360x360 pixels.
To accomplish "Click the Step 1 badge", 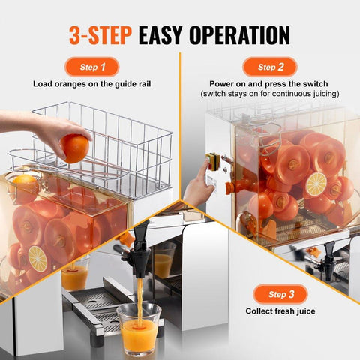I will coord(91,67).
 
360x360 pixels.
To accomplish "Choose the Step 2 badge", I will coord(269,67).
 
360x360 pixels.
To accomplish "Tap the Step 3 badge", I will coord(280,293).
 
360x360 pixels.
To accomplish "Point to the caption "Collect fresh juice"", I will coord(280,310).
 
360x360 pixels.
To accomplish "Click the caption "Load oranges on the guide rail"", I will coord(91,84).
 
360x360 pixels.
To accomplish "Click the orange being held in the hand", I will coord(75,148).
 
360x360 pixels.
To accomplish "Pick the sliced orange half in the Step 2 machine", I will coord(315,184).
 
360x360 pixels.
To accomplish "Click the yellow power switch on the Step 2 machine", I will coord(212,163).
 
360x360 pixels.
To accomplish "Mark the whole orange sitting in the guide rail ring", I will coord(25,184).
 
